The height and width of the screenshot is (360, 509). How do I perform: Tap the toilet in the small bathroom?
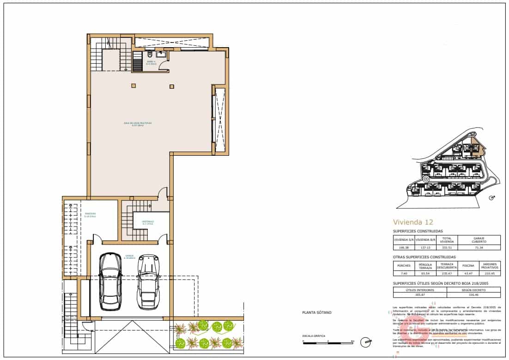click(150, 55)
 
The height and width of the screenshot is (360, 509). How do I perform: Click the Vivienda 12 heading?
click(413, 221)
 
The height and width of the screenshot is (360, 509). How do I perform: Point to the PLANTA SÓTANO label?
click(316, 312)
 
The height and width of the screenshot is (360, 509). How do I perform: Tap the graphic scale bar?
click(328, 342)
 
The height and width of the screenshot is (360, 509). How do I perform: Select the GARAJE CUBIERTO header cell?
click(478, 239)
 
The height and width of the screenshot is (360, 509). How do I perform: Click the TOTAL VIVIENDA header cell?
click(446, 239)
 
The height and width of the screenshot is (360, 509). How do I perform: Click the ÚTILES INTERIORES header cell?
click(420, 290)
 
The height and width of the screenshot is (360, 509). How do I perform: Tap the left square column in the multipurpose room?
click(133, 85)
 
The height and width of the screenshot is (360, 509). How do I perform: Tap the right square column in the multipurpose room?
click(171, 85)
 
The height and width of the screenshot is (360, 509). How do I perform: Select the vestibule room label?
click(148, 222)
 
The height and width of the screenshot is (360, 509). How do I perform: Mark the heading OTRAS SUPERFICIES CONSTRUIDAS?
click(424, 257)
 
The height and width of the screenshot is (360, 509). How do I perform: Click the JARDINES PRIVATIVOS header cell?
click(490, 266)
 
